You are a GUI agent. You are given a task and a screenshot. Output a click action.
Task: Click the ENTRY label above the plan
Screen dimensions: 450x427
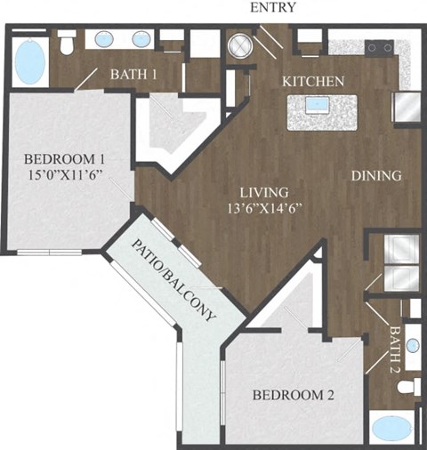coord(274,8)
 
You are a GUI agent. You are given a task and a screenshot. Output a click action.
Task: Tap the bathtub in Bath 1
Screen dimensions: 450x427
coord(31,60)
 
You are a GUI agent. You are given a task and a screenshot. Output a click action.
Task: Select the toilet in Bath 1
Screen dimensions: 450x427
coord(67,42)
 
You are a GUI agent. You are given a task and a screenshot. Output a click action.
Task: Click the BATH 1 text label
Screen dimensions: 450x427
coord(133,75)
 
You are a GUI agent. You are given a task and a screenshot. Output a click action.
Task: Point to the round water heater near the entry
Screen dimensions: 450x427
coord(240,45)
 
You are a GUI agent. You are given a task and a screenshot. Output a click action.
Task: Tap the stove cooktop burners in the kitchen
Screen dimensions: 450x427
coord(383,47)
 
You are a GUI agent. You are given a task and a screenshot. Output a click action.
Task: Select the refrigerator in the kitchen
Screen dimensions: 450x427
coord(407,108)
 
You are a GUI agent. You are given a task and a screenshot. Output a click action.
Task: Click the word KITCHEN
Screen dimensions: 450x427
coord(312,81)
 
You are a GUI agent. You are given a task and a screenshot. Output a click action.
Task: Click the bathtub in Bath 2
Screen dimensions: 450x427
coord(394,428)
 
